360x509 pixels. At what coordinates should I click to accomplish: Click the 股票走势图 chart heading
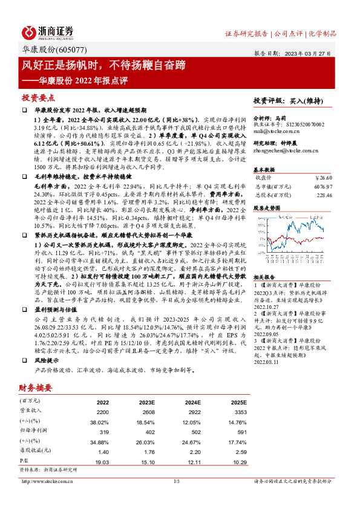(267, 207)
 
